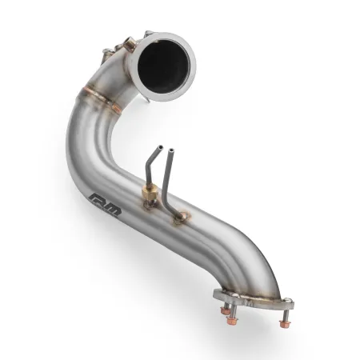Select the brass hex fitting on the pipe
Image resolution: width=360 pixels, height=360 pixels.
point(149,195)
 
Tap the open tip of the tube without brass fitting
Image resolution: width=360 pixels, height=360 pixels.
point(170,148)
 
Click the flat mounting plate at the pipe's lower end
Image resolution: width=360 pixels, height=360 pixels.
point(252,303)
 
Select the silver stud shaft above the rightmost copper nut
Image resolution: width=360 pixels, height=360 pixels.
point(282,313)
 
